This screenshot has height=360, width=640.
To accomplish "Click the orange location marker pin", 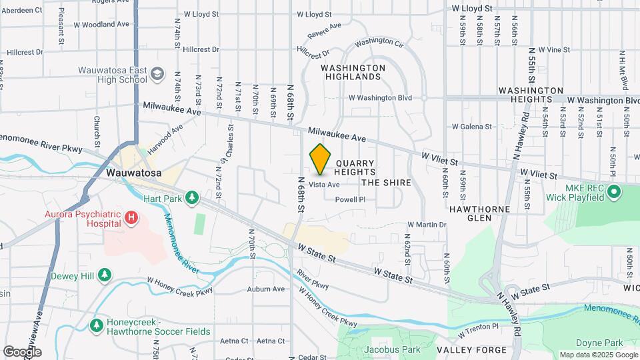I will pos(321,159).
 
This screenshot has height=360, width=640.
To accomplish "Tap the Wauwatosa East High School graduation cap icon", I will pos(157,73).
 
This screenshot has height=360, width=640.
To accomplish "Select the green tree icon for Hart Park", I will pos(192,197).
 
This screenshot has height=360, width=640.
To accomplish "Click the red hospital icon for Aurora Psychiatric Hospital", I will pos(132,217).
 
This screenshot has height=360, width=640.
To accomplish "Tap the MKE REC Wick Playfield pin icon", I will pos(614,193).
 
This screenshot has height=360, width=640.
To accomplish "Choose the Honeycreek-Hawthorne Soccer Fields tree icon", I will pos(97,325).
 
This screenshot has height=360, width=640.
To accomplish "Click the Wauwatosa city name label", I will pos(134,173).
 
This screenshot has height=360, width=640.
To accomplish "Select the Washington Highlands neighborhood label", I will pos(353,72).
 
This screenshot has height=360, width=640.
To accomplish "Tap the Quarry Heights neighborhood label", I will pos(360,167).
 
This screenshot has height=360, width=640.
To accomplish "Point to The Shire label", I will pos(386,183).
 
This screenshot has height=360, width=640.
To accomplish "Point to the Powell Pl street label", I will pos(350,199).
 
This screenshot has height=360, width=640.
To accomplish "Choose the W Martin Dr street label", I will pos(426,225).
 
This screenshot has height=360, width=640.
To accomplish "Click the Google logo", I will pos(23,351).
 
